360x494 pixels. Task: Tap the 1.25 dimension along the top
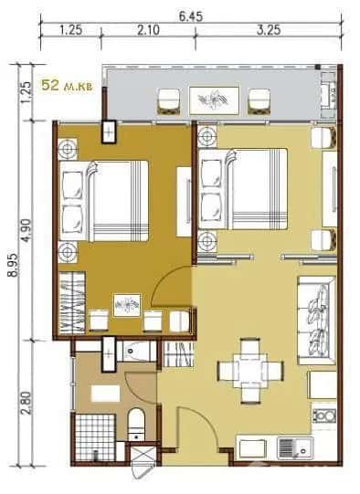point(71,29)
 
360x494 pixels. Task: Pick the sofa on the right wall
point(316,317)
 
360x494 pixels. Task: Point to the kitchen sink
point(291,447)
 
